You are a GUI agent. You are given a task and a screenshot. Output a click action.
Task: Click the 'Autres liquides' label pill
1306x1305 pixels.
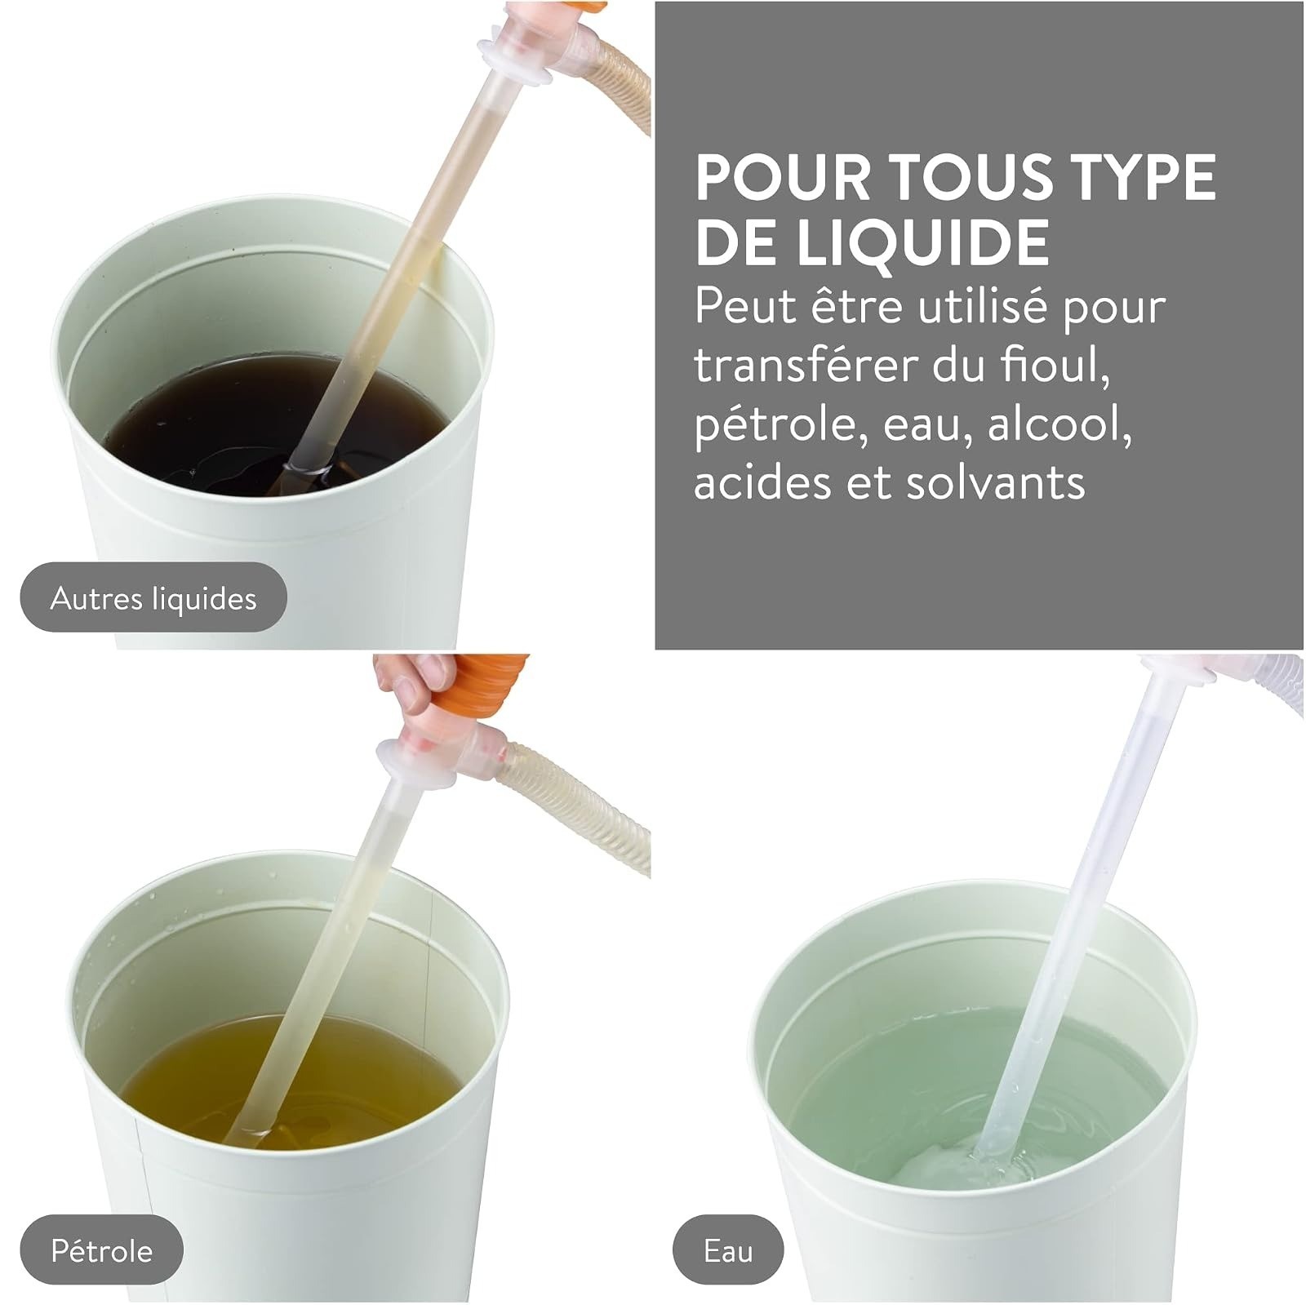(x=153, y=597)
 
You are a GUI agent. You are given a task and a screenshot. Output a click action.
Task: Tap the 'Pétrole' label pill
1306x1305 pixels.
(x=101, y=1250)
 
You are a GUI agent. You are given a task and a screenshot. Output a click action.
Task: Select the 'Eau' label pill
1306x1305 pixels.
(x=728, y=1250)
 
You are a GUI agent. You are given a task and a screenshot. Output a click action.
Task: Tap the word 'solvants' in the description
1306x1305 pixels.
(x=995, y=482)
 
